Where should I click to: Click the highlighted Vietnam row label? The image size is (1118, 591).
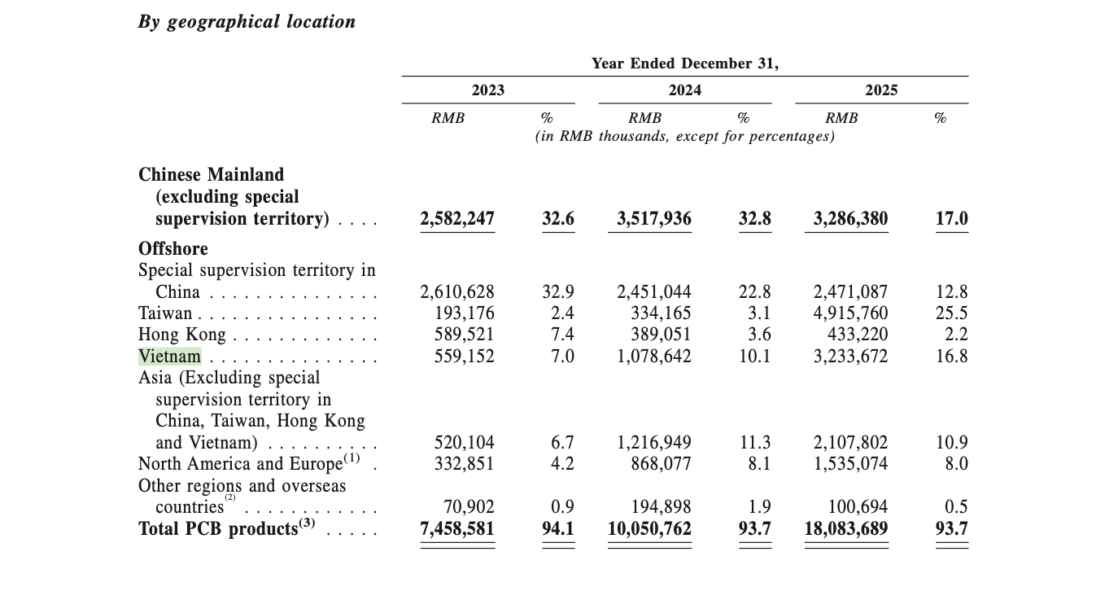pos(169,357)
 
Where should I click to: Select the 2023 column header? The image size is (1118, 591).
pos(488,90)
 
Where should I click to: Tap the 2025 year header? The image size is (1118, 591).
pos(881,90)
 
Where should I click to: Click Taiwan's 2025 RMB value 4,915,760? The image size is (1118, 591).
pos(850,313)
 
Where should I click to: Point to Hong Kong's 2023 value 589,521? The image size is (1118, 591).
pos(457,335)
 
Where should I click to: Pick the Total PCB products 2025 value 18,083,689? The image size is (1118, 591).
pos(845,529)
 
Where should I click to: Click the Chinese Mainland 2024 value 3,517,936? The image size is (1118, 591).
pos(649,219)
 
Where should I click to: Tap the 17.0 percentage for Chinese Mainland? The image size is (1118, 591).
pos(951,219)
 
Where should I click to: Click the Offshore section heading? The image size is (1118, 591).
pos(173,248)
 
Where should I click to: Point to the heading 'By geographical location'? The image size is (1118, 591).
pos(247,22)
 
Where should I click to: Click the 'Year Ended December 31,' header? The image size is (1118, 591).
pos(684,63)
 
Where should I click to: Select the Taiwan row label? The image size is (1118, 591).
pos(165,313)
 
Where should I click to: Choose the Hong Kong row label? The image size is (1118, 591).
pos(182,335)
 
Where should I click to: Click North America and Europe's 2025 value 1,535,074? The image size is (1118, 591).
pos(850,464)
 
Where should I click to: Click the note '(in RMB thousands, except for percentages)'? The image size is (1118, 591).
pos(684,136)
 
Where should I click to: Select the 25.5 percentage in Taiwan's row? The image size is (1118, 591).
pos(951,313)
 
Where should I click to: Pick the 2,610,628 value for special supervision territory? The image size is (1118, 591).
pos(457,291)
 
